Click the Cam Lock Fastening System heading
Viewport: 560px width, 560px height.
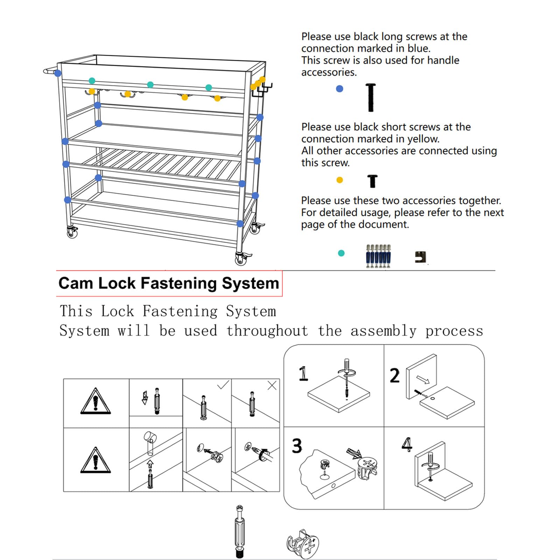(168, 283)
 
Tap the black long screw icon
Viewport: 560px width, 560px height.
(371, 98)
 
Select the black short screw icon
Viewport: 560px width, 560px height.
(372, 181)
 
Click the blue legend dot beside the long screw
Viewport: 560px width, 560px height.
(339, 89)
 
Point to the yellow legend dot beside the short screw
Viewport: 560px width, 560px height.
(339, 180)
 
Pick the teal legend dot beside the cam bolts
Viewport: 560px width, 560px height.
(341, 253)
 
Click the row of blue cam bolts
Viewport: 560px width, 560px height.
(378, 256)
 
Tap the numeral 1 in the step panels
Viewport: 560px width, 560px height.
(303, 373)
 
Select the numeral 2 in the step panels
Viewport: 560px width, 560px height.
(394, 376)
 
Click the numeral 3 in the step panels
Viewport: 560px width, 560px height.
(297, 446)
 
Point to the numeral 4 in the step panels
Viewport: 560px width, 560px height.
(407, 444)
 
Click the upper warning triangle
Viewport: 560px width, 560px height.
(96, 402)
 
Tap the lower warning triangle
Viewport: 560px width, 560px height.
(96, 461)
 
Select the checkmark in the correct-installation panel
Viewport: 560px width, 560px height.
(223, 385)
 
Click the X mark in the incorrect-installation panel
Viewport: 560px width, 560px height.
(272, 385)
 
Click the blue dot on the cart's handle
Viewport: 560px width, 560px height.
(58, 73)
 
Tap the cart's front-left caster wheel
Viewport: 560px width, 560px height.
(72, 232)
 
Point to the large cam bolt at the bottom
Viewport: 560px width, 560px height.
(240, 531)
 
